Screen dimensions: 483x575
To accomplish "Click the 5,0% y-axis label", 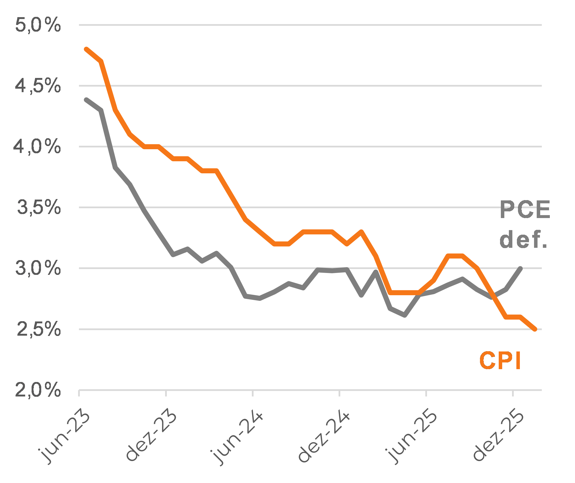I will tap(38, 25).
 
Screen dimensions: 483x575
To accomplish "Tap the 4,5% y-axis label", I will tap(38, 86).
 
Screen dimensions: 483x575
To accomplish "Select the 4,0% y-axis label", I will tap(37, 147).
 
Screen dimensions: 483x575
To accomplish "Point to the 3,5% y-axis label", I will tap(39, 207).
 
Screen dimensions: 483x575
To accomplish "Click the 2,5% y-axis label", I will tap(38, 329).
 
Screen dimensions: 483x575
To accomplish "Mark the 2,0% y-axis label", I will tap(38, 390).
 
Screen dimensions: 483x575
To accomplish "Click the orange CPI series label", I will tap(500, 361).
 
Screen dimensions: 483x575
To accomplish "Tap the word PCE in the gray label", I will tap(525, 209).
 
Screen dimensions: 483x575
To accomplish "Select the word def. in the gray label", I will tap(523, 239).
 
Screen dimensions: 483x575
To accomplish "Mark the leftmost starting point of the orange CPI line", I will tap(86, 49).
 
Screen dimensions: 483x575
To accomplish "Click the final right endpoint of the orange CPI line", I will tap(535, 329).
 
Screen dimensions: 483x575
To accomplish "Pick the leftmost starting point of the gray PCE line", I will tap(86, 100).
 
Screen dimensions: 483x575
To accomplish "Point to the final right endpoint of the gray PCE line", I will tap(520, 269).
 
